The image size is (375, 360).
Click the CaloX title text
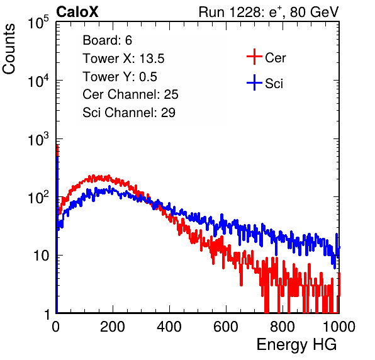[x=77, y=12]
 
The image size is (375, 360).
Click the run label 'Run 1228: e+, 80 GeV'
[x=269, y=12]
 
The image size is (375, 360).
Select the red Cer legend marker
[x=254, y=57]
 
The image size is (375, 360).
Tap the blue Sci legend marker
[x=254, y=82]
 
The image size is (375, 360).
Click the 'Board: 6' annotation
[x=107, y=40]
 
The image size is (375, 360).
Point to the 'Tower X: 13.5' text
[x=123, y=59]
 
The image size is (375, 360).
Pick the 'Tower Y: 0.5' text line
[x=120, y=77]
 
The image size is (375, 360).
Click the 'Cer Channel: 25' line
[x=130, y=94]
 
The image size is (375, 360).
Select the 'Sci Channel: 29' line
[x=129, y=113]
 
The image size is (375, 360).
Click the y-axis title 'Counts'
[x=9, y=49]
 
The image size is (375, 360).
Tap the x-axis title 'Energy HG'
[x=296, y=345]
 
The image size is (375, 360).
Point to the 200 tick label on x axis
[x=113, y=327]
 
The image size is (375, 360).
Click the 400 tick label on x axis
[x=169, y=327]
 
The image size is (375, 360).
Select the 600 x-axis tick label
[x=226, y=327]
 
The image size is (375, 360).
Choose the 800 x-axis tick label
[x=283, y=327]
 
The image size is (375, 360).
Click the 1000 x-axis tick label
[x=339, y=327]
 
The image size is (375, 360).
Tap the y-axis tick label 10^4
[x=38, y=81]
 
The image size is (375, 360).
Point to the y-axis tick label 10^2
[x=38, y=197]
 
